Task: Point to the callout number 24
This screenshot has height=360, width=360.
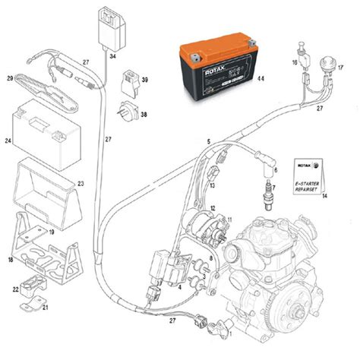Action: [8, 141]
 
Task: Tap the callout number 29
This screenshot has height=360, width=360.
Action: [10, 78]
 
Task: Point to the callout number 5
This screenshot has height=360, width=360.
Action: [208, 141]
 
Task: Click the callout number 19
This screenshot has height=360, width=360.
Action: [51, 232]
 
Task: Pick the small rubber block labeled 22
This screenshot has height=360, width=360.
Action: [33, 286]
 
